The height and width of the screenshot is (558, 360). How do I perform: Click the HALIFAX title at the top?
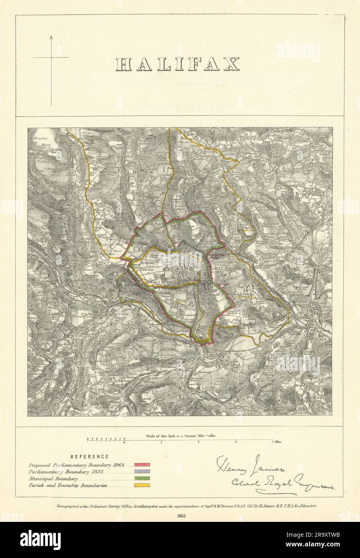(178, 64)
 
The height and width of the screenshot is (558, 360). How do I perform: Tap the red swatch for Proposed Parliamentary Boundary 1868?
(142, 464)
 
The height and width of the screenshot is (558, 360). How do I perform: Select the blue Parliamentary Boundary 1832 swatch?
(142, 471)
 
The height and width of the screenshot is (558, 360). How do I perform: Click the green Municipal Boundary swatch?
(142, 478)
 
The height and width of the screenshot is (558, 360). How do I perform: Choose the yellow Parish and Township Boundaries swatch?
(142, 485)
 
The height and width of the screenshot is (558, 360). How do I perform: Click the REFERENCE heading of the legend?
(89, 456)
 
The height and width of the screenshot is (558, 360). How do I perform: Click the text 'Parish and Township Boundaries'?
(67, 485)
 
